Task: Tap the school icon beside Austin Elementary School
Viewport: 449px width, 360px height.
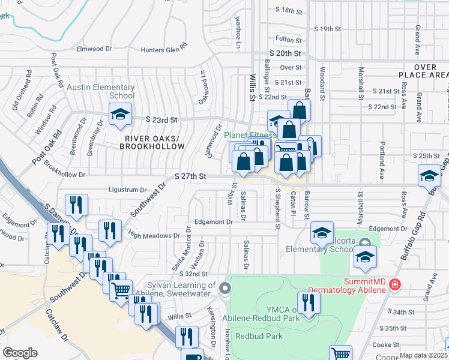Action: pos(120,115)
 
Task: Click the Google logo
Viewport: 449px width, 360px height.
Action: pos(20,353)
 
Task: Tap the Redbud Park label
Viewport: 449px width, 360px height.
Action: pos(259,336)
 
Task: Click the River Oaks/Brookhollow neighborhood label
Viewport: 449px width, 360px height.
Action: pos(152,142)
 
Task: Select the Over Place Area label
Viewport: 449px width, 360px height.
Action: pos(424,71)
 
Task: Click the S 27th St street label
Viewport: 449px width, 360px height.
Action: pos(190,176)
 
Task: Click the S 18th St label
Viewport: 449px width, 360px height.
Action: pos(291,10)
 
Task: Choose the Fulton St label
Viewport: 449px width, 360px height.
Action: pos(289,40)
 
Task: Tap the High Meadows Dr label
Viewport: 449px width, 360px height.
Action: pos(152,236)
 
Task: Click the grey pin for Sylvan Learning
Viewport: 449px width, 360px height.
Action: pos(225,289)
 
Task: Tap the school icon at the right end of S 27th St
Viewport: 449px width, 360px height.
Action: pos(430,175)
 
